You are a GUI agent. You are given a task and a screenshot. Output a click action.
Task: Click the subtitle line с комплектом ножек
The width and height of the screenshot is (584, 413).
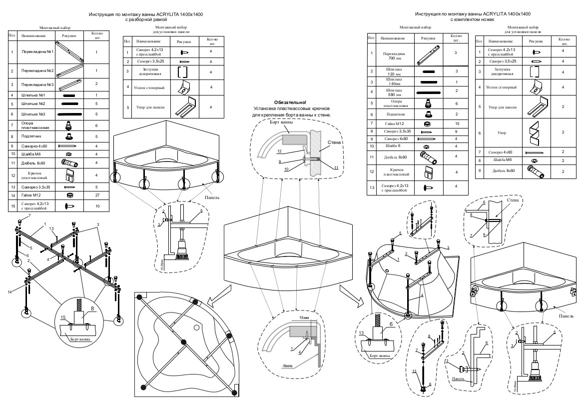click(x=472, y=20)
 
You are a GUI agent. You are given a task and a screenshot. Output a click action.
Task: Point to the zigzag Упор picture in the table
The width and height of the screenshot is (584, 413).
click(x=532, y=132)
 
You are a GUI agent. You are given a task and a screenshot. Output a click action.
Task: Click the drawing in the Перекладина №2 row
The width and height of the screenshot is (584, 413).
click(x=69, y=70)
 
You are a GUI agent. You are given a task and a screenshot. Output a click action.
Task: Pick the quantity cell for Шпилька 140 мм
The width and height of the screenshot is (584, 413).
click(x=456, y=81)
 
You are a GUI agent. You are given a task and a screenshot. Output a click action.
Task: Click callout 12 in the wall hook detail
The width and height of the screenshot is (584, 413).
click(x=279, y=151)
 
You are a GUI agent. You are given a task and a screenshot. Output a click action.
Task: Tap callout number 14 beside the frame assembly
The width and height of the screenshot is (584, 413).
click(x=9, y=291)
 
